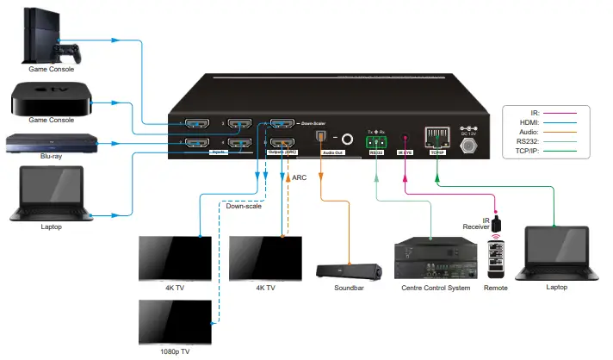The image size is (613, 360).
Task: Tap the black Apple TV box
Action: coord(48,100)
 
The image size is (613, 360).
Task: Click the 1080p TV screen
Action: coord(175,321)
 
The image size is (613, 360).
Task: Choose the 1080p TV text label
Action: coord(175,351)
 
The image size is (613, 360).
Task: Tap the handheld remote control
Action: coord(495,257)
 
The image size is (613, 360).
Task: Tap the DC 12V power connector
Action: coord(470,145)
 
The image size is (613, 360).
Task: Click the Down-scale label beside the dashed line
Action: coord(245,206)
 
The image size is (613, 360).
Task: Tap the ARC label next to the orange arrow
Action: coord(300,177)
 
